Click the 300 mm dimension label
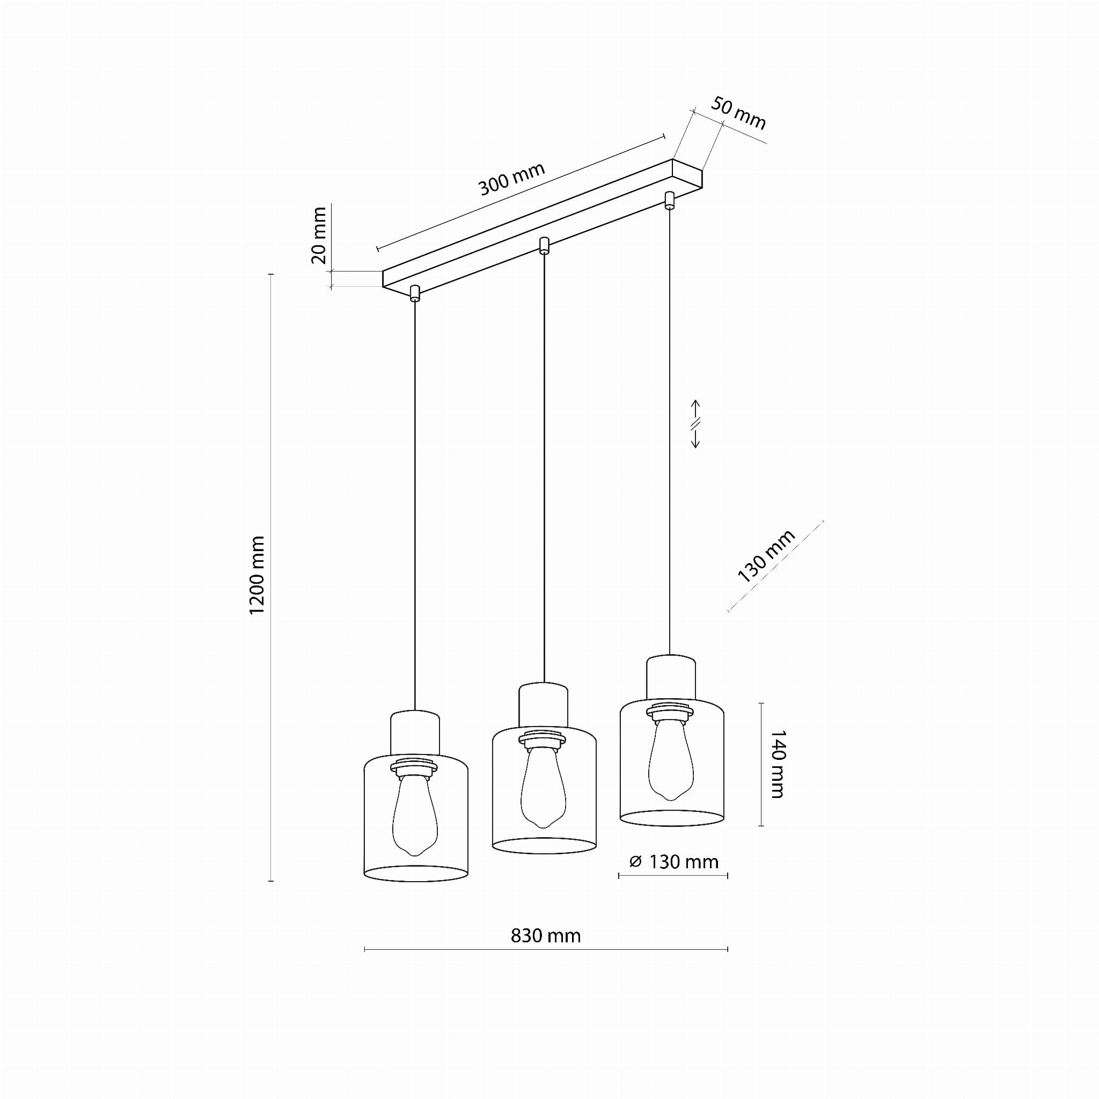(511, 179)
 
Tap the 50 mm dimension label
(738, 114)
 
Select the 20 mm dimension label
(319, 236)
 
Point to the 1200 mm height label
(257, 575)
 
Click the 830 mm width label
(546, 935)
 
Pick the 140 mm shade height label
(777, 765)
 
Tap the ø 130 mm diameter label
(674, 862)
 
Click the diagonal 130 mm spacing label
(766, 556)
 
